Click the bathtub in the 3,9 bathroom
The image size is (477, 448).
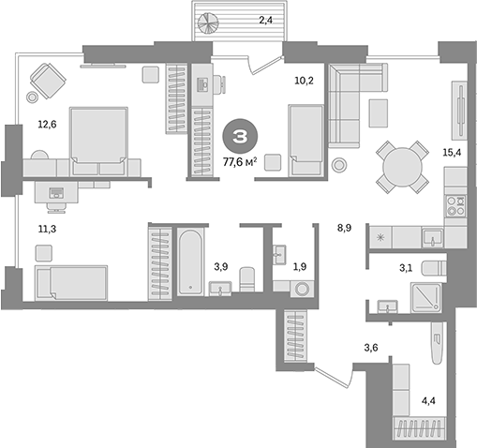point(189,262)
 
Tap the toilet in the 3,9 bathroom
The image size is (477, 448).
point(247,280)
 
